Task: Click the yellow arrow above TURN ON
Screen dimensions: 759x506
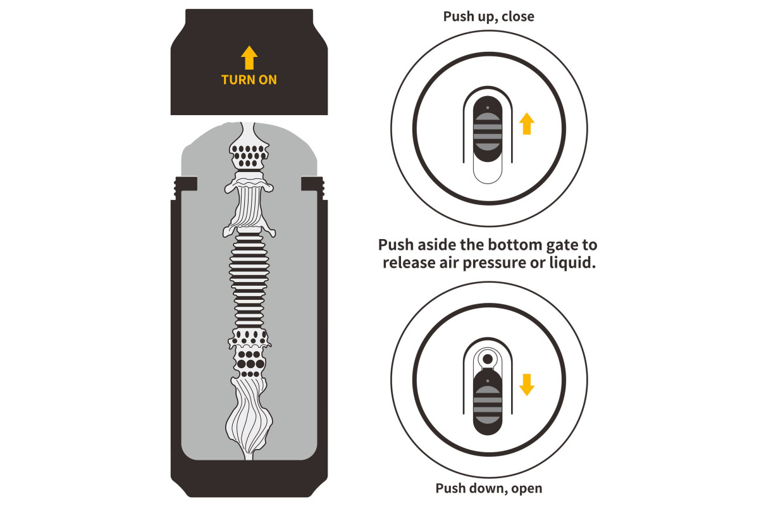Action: tap(249, 58)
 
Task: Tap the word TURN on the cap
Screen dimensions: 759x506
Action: tap(238, 80)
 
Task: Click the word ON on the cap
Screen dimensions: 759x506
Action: tap(268, 80)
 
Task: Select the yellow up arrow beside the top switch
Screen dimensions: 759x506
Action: tap(526, 124)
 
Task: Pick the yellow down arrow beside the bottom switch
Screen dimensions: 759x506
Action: tap(526, 385)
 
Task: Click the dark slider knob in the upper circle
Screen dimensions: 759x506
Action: tap(487, 129)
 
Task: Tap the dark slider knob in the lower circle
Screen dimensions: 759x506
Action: tap(487, 402)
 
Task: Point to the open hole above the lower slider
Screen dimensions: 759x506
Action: tap(488, 359)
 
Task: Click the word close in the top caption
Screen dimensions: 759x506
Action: tap(518, 16)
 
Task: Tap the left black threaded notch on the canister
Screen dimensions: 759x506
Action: tap(185, 187)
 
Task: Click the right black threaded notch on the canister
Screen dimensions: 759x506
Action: tap(312, 187)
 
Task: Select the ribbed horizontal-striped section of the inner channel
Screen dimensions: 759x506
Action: tap(249, 280)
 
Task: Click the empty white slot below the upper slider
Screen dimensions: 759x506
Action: tap(487, 172)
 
